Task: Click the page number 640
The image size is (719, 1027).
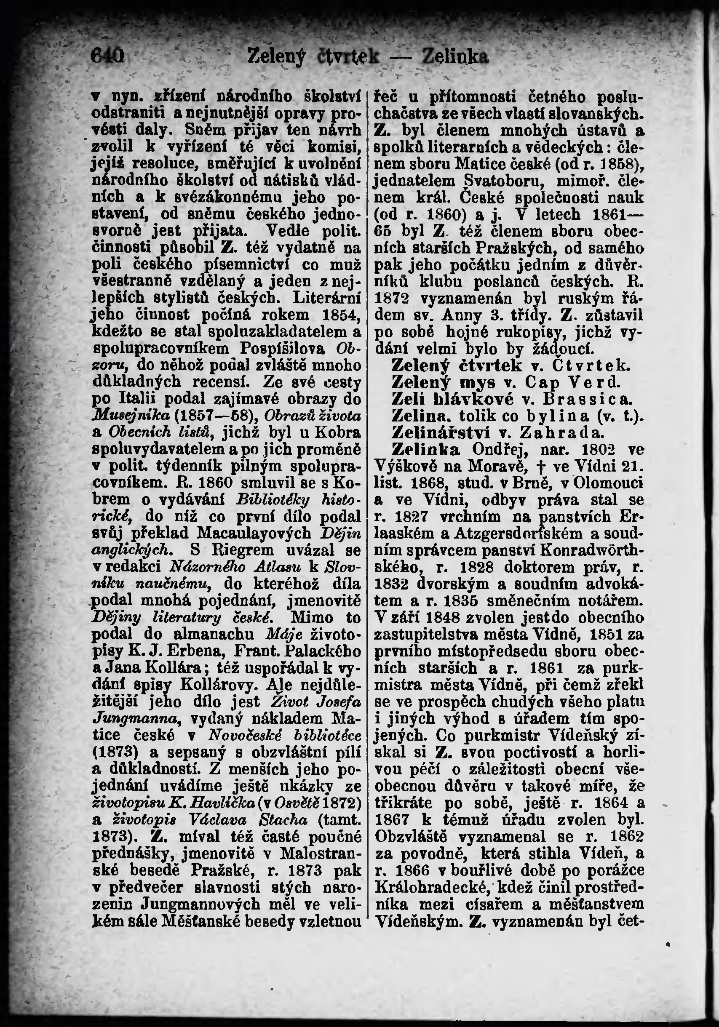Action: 107,58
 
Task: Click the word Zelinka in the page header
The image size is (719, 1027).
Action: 455,58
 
